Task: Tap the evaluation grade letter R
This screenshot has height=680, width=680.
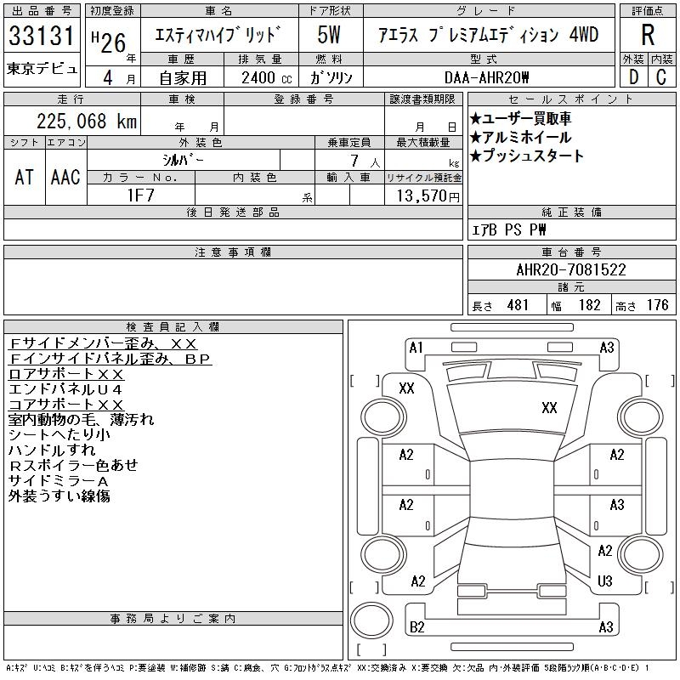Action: coord(648,35)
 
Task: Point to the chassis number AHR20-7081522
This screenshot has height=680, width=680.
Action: coord(571,270)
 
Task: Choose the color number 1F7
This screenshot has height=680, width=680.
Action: coord(140,195)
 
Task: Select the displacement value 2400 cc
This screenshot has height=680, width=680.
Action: coord(258,77)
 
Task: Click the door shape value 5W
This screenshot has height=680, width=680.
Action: coord(329,36)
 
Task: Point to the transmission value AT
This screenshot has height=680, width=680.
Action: coord(25,177)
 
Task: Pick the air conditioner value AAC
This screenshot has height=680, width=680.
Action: coord(65,177)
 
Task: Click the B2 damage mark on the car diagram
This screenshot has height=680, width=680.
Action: coord(417,627)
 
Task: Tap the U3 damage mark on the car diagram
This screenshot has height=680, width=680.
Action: coord(605,581)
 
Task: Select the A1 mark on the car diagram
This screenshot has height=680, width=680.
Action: coord(416,347)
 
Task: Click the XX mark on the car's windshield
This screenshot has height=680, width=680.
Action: coord(549,408)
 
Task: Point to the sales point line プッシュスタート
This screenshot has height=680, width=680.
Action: coord(527,156)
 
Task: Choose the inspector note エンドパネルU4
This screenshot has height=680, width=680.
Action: coord(65,389)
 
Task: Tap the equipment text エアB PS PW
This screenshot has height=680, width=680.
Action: coord(509,229)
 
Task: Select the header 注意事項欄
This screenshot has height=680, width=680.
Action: coord(233,252)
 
